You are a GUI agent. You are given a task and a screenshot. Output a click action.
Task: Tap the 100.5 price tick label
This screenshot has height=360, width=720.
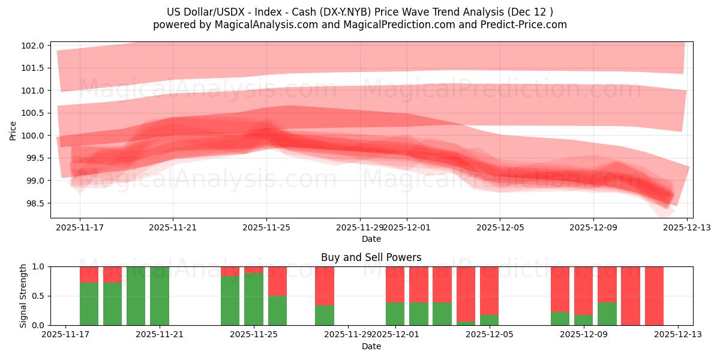tap(32, 113)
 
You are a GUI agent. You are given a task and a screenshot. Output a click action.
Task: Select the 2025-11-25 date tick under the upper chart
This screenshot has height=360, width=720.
tap(266, 227)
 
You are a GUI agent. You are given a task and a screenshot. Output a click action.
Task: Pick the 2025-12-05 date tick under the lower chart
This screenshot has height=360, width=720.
tap(489, 335)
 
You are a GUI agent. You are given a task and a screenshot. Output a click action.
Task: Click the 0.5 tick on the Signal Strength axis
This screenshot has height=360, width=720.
tap(38, 296)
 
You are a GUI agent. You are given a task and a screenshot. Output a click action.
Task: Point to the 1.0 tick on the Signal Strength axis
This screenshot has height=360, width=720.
tap(38, 266)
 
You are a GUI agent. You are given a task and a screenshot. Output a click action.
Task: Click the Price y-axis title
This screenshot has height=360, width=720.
tap(13, 130)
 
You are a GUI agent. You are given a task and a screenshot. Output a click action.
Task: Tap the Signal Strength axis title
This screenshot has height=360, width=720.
tap(23, 296)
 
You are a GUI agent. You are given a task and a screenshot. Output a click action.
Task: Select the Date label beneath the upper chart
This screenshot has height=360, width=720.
tap(371, 239)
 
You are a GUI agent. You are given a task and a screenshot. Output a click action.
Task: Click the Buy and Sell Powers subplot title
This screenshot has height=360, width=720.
tap(371, 257)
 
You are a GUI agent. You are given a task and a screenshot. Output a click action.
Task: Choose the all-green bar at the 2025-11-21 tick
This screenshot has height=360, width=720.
tap(160, 296)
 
